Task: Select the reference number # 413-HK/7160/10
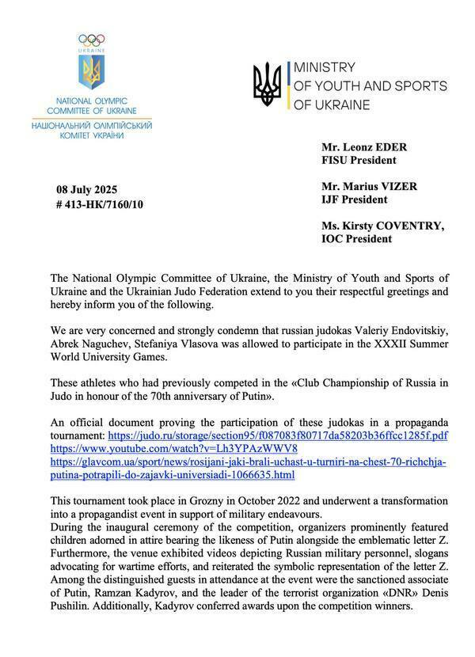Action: click(x=100, y=204)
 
